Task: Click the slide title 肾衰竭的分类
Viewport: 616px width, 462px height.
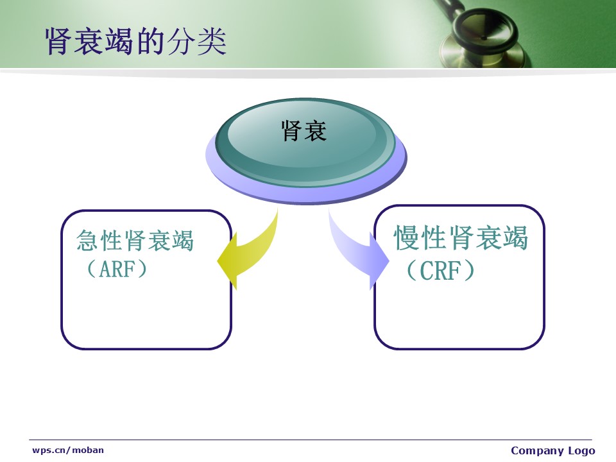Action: [x=135, y=41]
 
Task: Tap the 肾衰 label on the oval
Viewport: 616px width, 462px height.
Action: [x=304, y=131]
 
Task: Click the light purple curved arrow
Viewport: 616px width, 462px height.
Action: [x=357, y=250]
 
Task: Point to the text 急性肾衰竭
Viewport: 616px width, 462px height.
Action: [x=135, y=240]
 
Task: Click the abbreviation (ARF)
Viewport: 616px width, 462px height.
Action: [x=117, y=269]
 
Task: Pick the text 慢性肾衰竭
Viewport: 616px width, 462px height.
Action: [x=461, y=237]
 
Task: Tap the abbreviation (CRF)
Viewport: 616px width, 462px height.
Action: [x=440, y=270]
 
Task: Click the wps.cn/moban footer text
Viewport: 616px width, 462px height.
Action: [x=68, y=450]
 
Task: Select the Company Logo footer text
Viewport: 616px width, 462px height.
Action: [x=552, y=450]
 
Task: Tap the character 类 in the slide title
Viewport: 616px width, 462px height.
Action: [x=212, y=41]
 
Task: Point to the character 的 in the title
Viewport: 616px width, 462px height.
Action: [x=151, y=41]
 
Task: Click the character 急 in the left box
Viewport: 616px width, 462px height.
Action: [x=88, y=240]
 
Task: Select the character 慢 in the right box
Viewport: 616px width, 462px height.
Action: [x=406, y=237]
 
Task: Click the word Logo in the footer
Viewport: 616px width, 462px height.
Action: [x=582, y=450]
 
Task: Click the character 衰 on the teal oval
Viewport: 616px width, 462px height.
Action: [x=316, y=131]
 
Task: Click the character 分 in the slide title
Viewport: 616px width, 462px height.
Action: [x=181, y=41]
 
